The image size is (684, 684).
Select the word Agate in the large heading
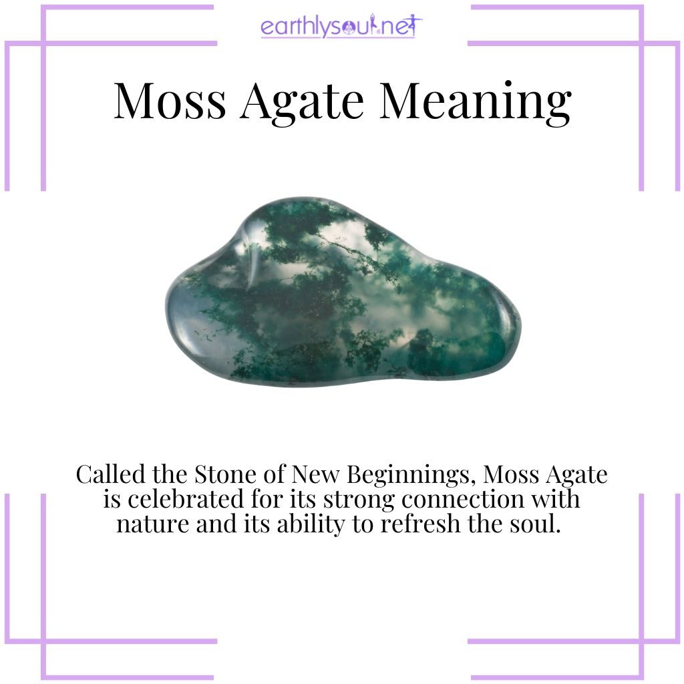[x=302, y=101]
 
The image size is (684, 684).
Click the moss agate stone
[x=341, y=297]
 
